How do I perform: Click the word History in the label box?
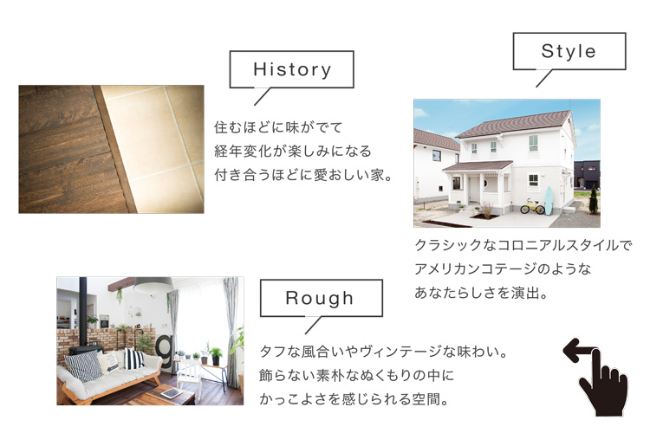[x=292, y=69]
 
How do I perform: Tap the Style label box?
[x=569, y=51]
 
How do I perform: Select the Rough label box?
[x=321, y=298]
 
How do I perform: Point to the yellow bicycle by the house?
[x=532, y=206]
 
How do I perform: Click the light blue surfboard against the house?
[x=549, y=201]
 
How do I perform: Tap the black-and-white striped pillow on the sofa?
[x=133, y=359]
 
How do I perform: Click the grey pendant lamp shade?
[x=153, y=285]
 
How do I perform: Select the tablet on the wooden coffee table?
[x=172, y=392]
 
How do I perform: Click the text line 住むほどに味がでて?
[x=278, y=127]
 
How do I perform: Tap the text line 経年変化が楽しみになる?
[x=293, y=151]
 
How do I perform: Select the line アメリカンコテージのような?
[x=503, y=269]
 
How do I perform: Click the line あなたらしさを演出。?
[x=481, y=293]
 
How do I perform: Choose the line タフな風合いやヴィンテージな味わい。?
[x=384, y=352]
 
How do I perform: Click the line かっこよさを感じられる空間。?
[x=354, y=399]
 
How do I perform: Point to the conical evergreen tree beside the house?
[x=594, y=199]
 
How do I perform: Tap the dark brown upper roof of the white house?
[x=514, y=124]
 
